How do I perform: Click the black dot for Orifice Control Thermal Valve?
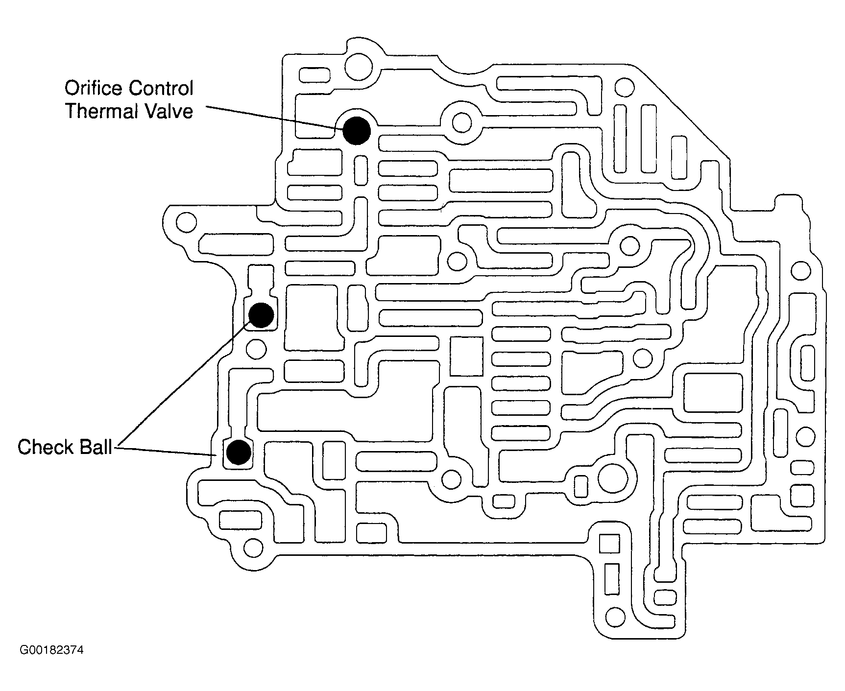pos(356,131)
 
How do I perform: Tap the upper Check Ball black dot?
pos(261,315)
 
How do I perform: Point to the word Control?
pos(161,89)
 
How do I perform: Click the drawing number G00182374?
pos(51,650)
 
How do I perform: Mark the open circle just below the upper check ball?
pos(255,349)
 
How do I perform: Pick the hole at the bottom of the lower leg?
pos(615,615)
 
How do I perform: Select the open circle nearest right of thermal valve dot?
pos(461,122)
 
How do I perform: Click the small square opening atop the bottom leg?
pos(609,544)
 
